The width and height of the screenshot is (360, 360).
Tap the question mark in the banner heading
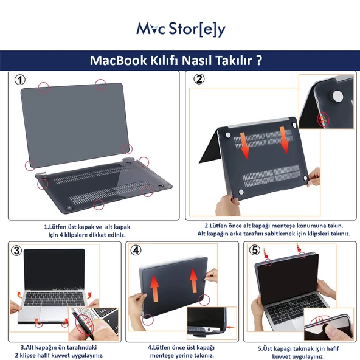(x=259, y=61)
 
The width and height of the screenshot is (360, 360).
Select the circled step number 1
(x=20, y=80)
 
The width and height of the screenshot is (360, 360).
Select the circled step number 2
(x=199, y=79)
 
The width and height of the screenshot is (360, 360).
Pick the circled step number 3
(x=16, y=250)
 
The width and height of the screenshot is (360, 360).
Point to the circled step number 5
(x=255, y=249)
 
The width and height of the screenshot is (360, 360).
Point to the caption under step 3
(x=60, y=351)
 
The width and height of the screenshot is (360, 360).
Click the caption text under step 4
(x=181, y=351)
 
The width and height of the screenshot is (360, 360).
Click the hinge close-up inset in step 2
(x=334, y=100)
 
